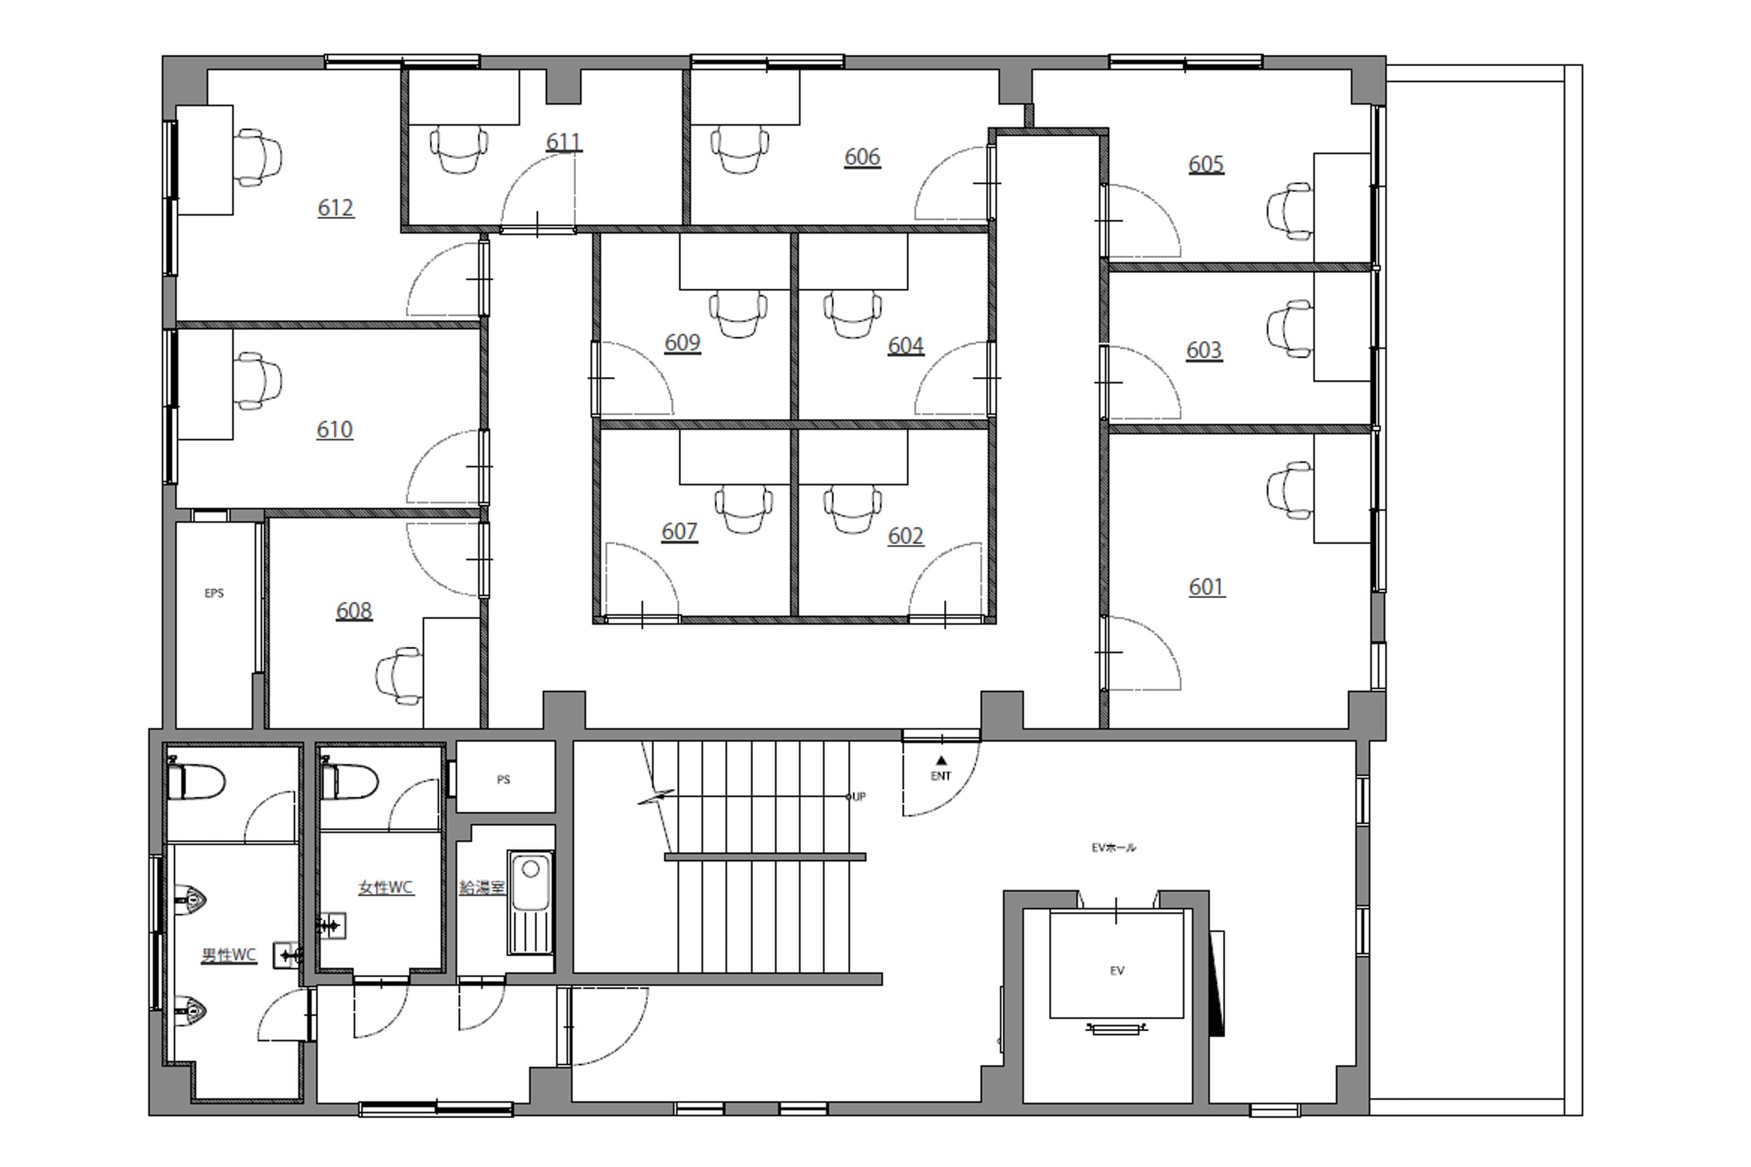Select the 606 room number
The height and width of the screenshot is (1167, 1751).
[x=862, y=157]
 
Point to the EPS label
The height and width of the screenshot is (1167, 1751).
[x=214, y=593]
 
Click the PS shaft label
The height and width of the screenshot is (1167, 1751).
[x=503, y=780]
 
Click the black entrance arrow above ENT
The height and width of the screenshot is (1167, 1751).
[x=941, y=760]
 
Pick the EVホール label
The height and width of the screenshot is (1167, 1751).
[x=1113, y=847]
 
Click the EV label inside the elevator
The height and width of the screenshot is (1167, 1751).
[x=1117, y=971]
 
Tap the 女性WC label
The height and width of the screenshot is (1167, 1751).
[x=385, y=887]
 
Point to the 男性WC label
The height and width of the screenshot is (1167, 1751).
[x=229, y=955]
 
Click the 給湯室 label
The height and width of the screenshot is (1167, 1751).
[x=482, y=887]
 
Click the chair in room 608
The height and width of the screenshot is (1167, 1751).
[x=399, y=675]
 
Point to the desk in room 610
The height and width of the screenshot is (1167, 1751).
[x=205, y=385]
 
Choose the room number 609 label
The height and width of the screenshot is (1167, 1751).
[x=682, y=343]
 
